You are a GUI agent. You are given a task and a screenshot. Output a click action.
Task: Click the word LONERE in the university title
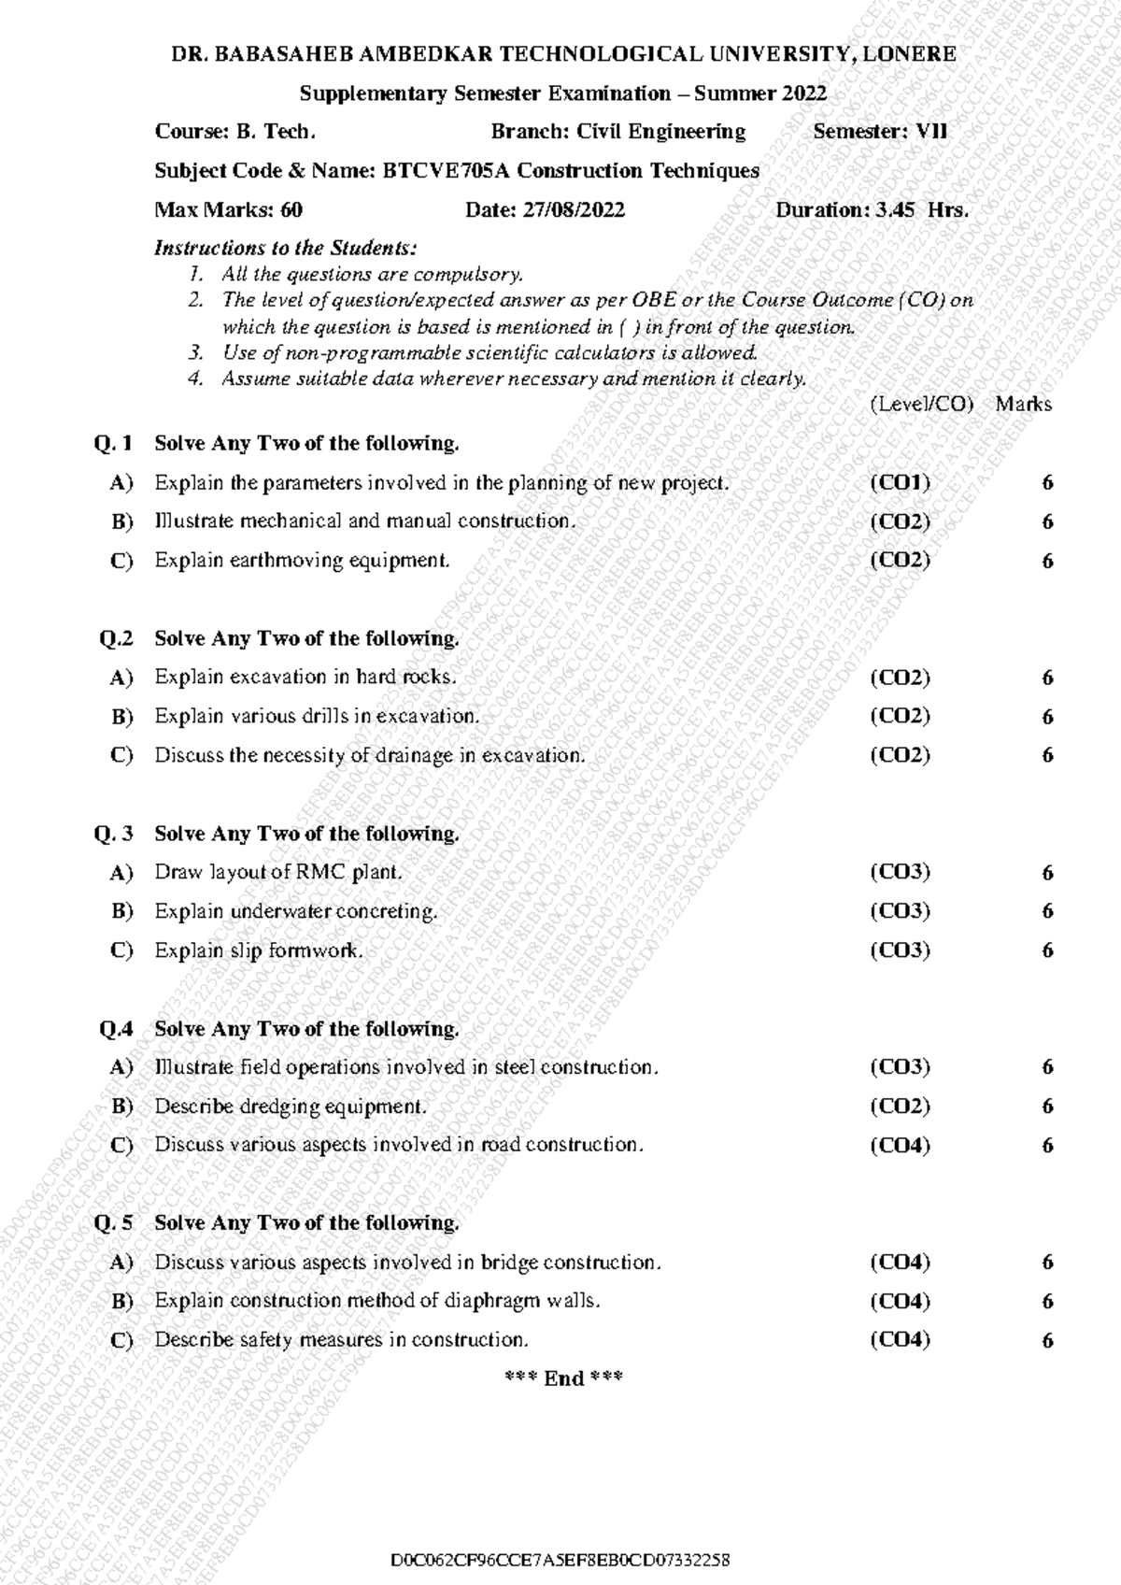[908, 54]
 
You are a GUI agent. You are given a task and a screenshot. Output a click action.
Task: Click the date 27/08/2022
[573, 210]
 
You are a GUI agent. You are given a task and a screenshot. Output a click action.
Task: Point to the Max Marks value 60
[291, 210]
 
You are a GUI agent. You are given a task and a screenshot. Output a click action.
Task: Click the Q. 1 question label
[114, 443]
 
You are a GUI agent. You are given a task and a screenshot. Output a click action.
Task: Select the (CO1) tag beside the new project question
[900, 482]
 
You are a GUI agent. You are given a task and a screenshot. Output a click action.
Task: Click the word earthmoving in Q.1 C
[286, 561]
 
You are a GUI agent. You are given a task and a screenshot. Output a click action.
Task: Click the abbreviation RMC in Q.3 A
[321, 873]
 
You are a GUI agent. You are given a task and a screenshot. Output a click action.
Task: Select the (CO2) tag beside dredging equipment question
[900, 1107]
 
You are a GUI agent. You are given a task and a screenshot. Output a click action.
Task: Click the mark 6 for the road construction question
[1047, 1146]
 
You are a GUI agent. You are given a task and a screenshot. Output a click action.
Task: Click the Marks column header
[1023, 405]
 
